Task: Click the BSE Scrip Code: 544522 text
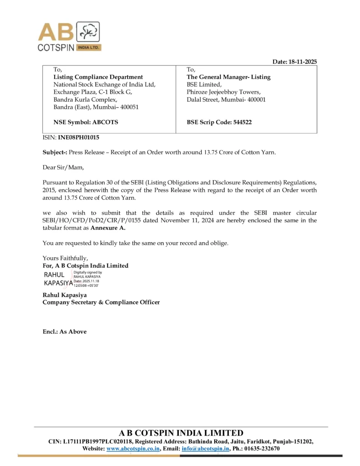[219, 122]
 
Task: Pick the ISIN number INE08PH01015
[78, 137]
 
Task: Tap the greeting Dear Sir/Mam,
[63, 167]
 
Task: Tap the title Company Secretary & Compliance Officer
[101, 302]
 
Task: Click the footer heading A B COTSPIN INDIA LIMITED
[181, 433]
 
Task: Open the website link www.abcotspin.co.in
[133, 448]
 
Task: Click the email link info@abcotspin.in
[205, 448]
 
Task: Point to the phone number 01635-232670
[262, 448]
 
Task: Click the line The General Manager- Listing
[228, 77]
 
